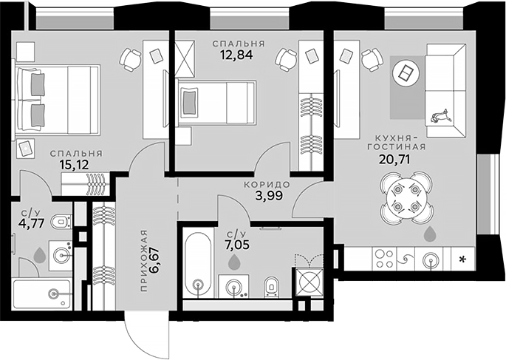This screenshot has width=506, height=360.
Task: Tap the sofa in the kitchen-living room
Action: (x=442, y=82)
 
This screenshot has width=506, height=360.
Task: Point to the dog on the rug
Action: (x=441, y=115)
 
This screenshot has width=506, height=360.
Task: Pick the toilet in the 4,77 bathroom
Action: (x=64, y=221)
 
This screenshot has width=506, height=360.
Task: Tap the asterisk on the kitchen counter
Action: (x=462, y=259)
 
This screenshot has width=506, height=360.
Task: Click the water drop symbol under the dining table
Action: (x=429, y=235)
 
